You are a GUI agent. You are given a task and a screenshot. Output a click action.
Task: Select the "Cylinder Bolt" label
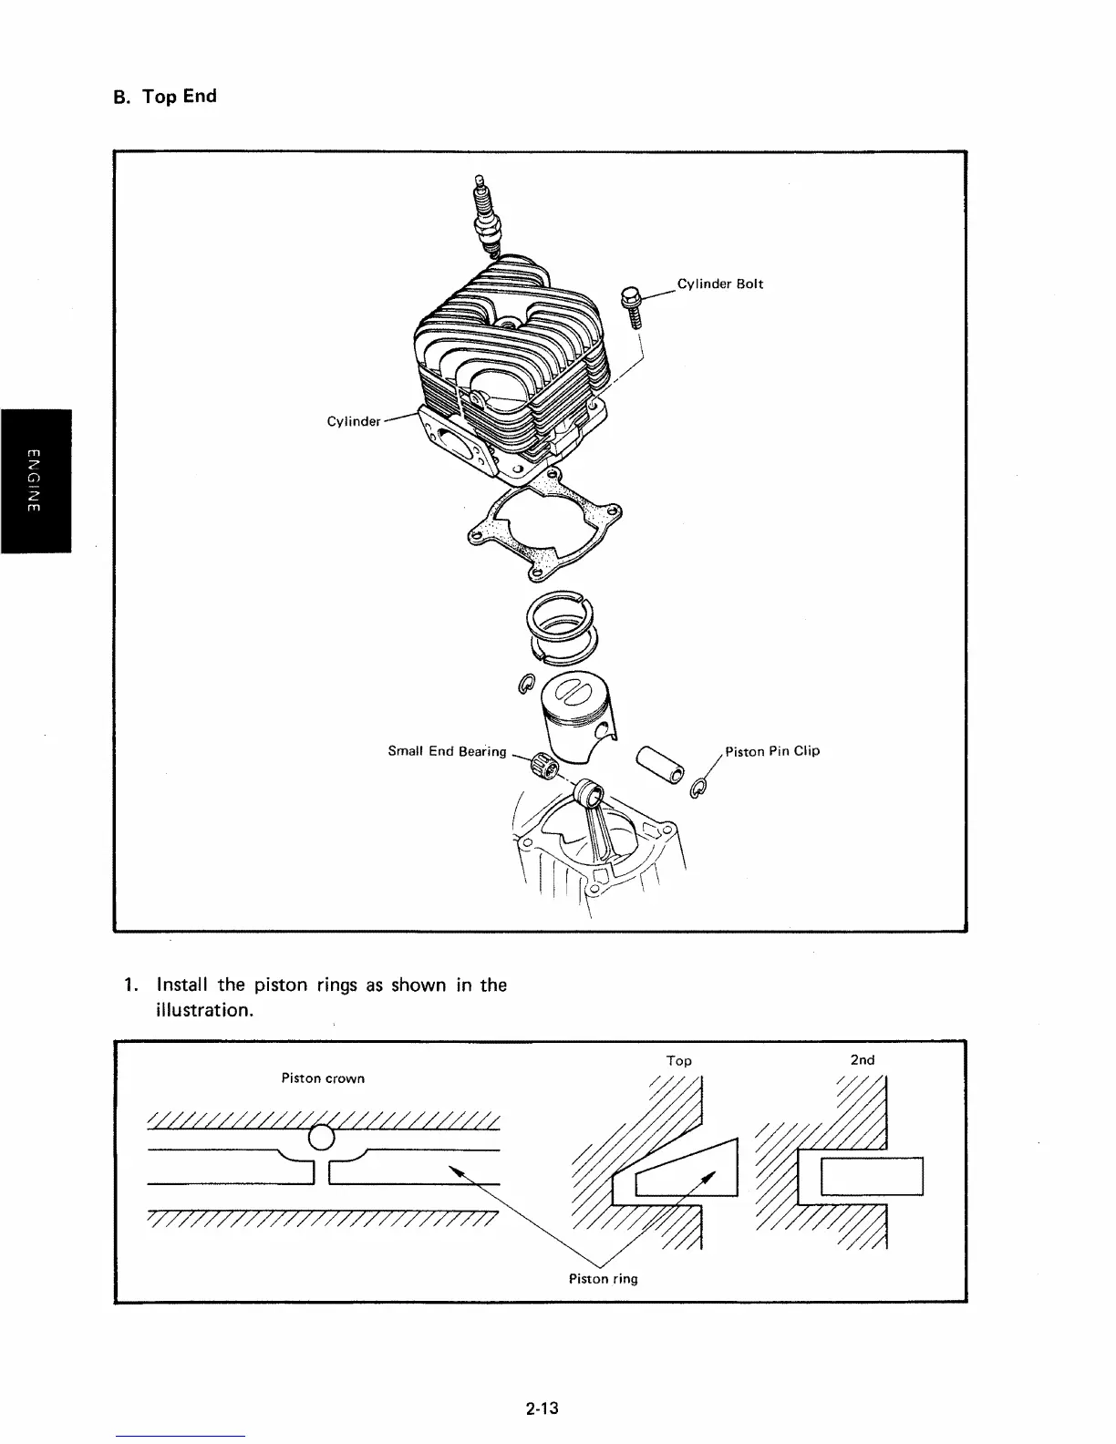point(720,284)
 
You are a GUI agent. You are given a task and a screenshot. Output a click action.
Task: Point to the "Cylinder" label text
point(353,421)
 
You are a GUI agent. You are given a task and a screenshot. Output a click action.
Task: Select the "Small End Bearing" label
point(446,751)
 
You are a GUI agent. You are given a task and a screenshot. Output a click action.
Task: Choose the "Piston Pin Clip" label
point(772,751)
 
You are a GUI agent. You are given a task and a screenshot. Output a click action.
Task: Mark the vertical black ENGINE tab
point(36,481)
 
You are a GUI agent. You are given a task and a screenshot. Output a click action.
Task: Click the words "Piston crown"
point(323,1078)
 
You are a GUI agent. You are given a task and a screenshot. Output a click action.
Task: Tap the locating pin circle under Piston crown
point(322,1137)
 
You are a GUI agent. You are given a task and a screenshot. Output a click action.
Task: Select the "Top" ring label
point(678,1060)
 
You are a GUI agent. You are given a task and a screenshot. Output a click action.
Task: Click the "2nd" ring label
point(862,1059)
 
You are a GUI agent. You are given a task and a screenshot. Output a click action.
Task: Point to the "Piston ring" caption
point(603,1278)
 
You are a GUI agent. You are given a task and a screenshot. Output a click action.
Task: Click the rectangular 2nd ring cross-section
point(872,1175)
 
